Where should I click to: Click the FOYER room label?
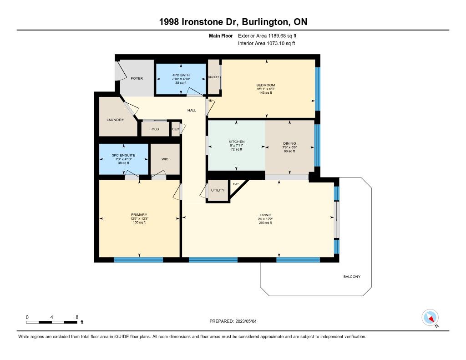tap(137, 78)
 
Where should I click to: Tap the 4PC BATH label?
tap(181, 75)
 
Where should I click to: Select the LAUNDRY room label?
tap(115, 120)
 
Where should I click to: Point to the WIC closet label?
tap(165, 159)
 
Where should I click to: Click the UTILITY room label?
tap(218, 190)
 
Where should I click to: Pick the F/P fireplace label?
tap(236, 184)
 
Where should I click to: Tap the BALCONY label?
tap(352, 276)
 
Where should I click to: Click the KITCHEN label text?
tap(237, 142)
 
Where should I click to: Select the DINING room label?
tap(289, 143)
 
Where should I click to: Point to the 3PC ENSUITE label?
tap(124, 155)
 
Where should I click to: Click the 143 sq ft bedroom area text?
tap(265, 93)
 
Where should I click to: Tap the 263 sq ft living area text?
tap(265, 223)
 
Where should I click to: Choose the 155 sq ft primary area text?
tap(139, 223)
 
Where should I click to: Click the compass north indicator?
tap(430, 318)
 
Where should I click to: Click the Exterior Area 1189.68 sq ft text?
tap(267, 36)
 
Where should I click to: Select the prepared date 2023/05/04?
tap(246, 321)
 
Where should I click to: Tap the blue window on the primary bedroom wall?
tap(138, 260)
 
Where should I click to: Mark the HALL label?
tap(192, 110)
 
